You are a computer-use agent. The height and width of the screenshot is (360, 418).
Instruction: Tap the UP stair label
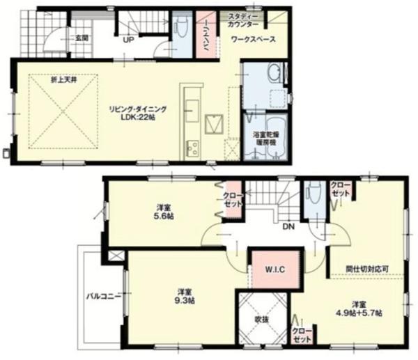129,39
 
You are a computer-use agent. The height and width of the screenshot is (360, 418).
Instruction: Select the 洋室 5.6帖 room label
164,212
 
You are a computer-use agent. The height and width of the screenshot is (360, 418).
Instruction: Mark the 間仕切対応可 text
367,268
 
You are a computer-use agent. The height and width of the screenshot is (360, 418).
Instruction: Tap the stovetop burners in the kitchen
191,148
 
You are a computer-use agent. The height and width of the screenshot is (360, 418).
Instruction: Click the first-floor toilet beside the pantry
181,30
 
